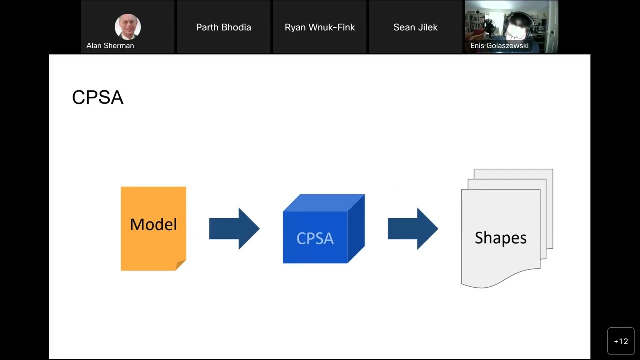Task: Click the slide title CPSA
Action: point(98,97)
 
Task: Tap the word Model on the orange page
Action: point(153,224)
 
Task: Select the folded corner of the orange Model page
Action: point(181,265)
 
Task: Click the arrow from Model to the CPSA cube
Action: point(234,229)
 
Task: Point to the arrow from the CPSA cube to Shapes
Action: point(413,229)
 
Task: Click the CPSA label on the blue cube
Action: point(315,238)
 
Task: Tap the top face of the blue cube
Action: point(324,202)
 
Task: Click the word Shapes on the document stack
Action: point(500,238)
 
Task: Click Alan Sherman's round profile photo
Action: point(128,27)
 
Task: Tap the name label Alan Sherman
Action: point(110,46)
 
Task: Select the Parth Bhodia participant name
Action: point(223,27)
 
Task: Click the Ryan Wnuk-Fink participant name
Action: point(320,27)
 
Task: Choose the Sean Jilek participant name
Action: point(415,27)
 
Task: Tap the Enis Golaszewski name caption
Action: point(499,46)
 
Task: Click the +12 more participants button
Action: point(621,341)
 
